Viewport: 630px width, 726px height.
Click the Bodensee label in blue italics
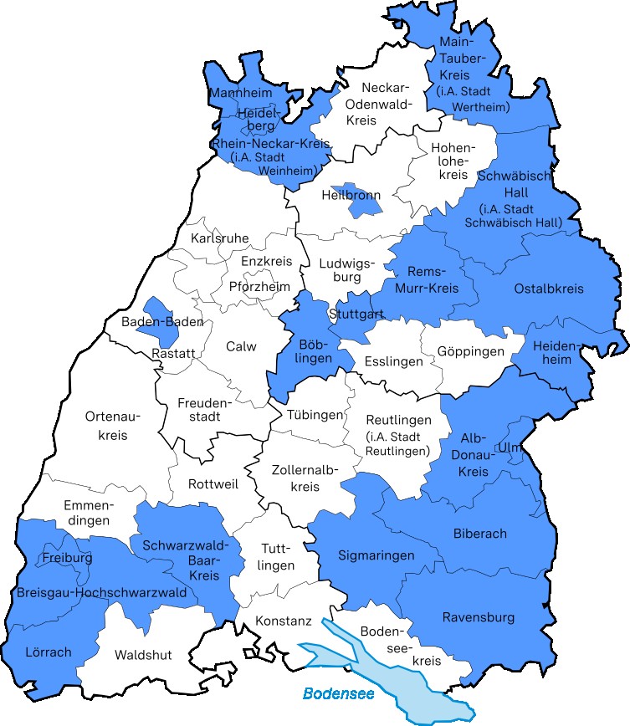pos(338,693)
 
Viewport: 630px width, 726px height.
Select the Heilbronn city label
pos(351,196)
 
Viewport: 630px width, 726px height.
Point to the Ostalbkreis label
pos(549,289)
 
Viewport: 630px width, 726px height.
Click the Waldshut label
pos(143,655)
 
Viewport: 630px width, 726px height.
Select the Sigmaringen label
pos(376,555)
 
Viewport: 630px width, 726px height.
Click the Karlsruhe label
pos(220,238)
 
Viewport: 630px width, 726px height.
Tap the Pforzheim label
pos(259,286)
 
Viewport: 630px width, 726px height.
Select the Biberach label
pos(479,533)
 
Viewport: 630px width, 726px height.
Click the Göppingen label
pos(470,351)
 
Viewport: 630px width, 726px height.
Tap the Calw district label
pos(241,346)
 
